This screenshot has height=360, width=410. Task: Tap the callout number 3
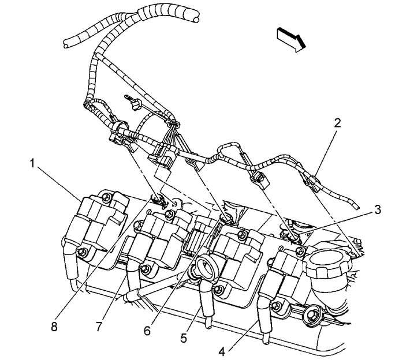point(377,209)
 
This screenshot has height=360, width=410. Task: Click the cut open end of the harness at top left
point(66,42)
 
